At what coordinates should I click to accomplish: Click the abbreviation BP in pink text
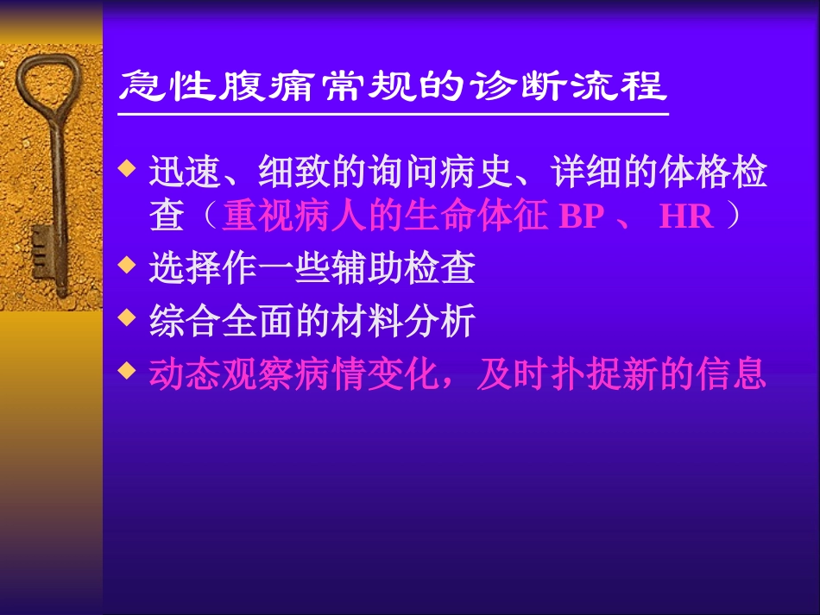point(582,217)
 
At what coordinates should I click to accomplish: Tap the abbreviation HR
point(686,217)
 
